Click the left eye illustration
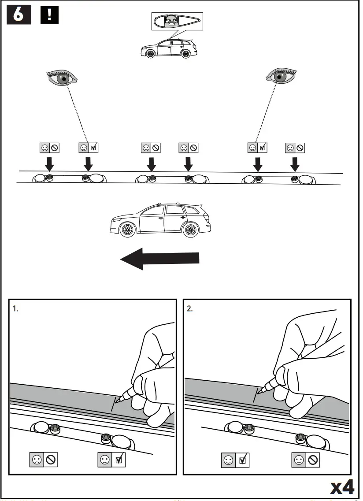(x=63, y=78)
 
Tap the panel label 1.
(x=16, y=309)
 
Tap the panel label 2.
(x=190, y=309)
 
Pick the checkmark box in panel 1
(x=118, y=460)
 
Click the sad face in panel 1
(x=37, y=460)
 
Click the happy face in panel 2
(x=228, y=460)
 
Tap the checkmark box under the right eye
(x=263, y=148)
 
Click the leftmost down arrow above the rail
(x=50, y=164)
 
